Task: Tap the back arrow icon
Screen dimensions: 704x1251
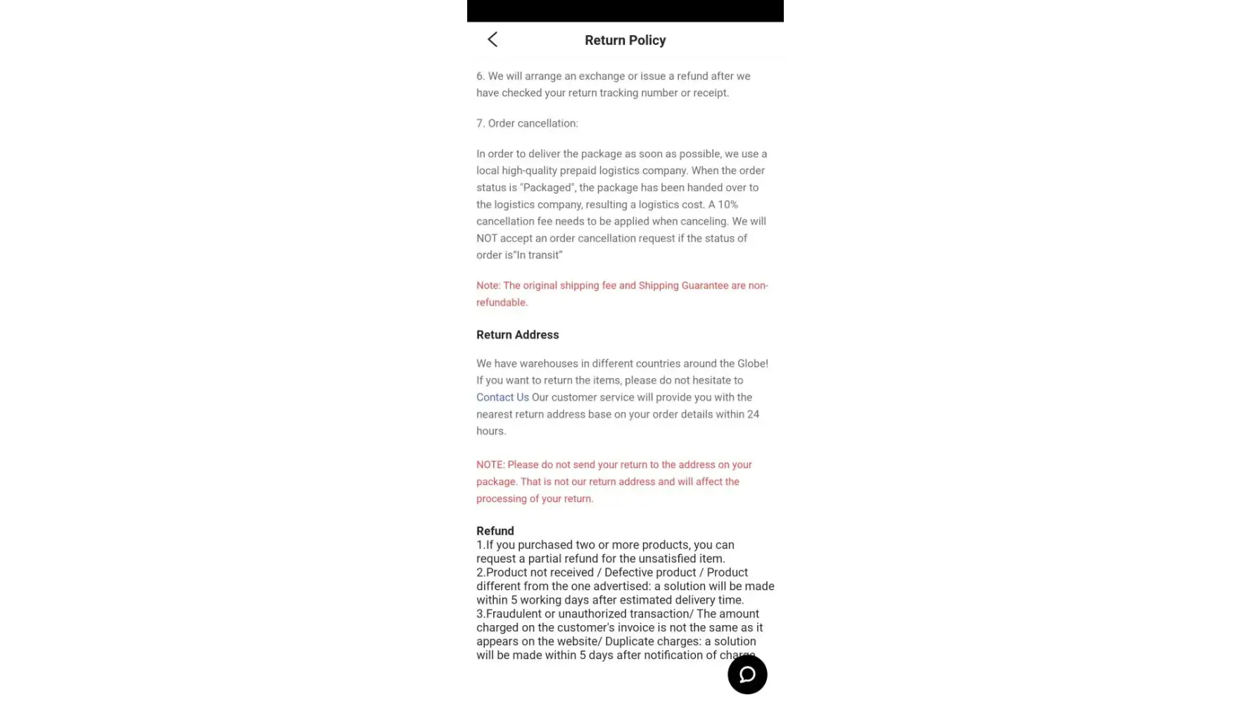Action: coord(493,39)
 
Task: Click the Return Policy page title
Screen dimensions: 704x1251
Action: coord(625,40)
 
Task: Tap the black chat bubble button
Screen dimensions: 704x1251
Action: coord(747,674)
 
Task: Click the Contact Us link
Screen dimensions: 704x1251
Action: coord(502,397)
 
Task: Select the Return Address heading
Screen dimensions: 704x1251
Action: coord(517,335)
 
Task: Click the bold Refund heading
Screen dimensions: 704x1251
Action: coord(495,531)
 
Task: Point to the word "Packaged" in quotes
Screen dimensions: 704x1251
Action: coord(547,187)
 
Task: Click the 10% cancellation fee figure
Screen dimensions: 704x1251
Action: coord(728,204)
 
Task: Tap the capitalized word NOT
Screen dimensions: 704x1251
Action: coord(487,238)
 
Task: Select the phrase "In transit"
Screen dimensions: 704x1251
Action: coord(539,255)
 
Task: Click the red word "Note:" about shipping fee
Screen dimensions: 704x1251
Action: coord(488,285)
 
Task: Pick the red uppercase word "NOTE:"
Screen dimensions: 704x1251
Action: coord(490,465)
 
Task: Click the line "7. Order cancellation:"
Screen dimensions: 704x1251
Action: coord(527,123)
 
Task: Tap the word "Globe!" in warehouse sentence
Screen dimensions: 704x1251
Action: coord(752,363)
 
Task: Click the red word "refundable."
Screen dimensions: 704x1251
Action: coord(502,302)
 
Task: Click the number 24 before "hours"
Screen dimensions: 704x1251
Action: coord(753,414)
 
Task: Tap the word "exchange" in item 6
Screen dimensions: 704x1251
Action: coord(602,76)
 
